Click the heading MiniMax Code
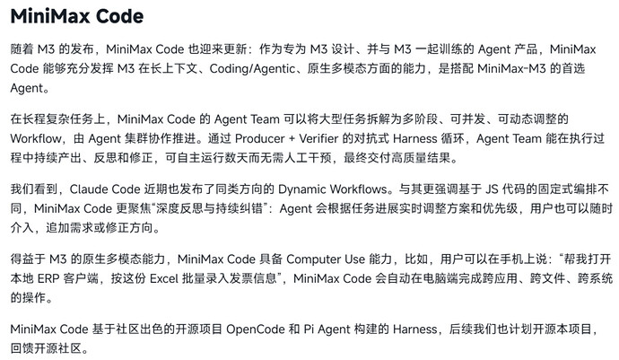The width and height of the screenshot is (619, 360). (77, 16)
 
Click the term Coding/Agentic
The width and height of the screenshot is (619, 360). (252, 69)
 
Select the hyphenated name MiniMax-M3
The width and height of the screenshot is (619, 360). (511, 68)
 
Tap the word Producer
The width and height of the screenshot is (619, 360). (259, 139)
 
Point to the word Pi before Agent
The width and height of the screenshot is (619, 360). (309, 329)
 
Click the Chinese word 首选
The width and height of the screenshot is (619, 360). (573, 68)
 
